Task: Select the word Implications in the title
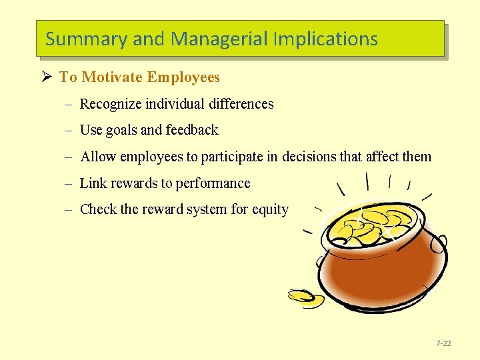pyautogui.click(x=325, y=39)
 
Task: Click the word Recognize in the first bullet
pyautogui.click(x=109, y=104)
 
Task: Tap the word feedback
pyautogui.click(x=192, y=130)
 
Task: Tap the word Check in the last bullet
pyautogui.click(x=98, y=209)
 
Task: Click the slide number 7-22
pyautogui.click(x=443, y=344)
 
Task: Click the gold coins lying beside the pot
pyautogui.click(x=306, y=298)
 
